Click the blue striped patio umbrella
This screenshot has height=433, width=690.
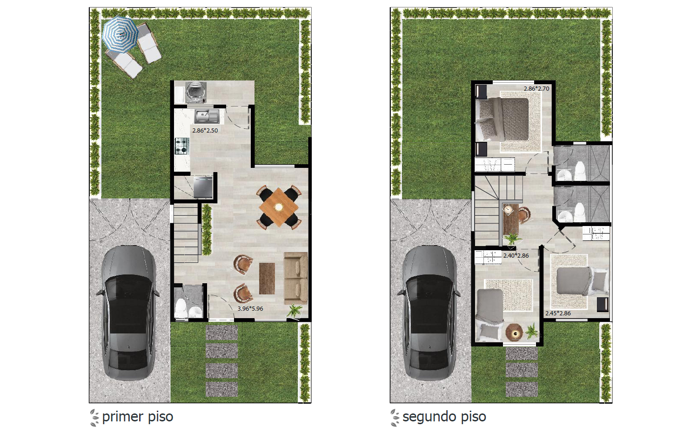coord(120,34)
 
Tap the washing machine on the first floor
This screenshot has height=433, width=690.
coord(196,92)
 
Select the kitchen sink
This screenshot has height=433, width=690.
coord(207,116)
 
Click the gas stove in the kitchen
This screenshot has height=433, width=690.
coord(182,146)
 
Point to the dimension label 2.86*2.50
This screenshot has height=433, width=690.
coord(205,131)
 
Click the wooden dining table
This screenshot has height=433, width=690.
coord(279,207)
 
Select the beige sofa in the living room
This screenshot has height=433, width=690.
coord(296,278)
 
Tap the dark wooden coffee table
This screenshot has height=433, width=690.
coord(267,279)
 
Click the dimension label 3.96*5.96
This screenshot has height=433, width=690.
coord(250,308)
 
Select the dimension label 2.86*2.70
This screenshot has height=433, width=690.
coord(536,89)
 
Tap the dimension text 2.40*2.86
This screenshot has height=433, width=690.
coord(516,256)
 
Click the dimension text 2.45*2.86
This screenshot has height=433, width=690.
coord(558,313)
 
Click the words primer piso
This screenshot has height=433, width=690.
coord(138,417)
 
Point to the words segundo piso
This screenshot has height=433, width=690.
coord(444,417)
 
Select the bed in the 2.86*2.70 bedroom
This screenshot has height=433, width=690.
coord(502,119)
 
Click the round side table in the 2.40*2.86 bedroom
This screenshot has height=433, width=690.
coord(514,332)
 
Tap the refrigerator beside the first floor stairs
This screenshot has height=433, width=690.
coord(203,187)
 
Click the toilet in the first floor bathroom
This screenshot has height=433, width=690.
coord(181,308)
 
